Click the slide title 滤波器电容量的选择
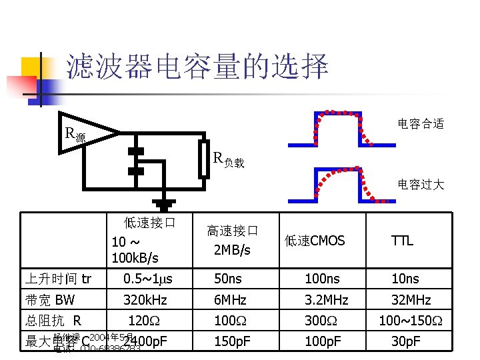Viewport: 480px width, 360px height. pyautogui.click(x=197, y=67)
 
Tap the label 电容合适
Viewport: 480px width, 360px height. pyautogui.click(x=420, y=123)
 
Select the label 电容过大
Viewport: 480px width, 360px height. pyautogui.click(x=420, y=184)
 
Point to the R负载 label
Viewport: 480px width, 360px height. pyautogui.click(x=229, y=159)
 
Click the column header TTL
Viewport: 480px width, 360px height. pyautogui.click(x=402, y=241)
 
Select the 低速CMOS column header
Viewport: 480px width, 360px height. pyautogui.click(x=315, y=240)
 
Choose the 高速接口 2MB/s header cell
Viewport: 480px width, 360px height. pyautogui.click(x=231, y=240)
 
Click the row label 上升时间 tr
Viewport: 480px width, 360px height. pyautogui.click(x=58, y=279)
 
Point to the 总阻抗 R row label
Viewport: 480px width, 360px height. pyautogui.click(x=53, y=321)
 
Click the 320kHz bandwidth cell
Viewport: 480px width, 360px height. pyautogui.click(x=145, y=299)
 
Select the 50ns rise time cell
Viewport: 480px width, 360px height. pyautogui.click(x=228, y=279)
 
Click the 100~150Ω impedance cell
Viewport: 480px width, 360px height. pyautogui.click(x=411, y=321)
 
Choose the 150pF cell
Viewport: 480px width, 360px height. pyautogui.click(x=233, y=342)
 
